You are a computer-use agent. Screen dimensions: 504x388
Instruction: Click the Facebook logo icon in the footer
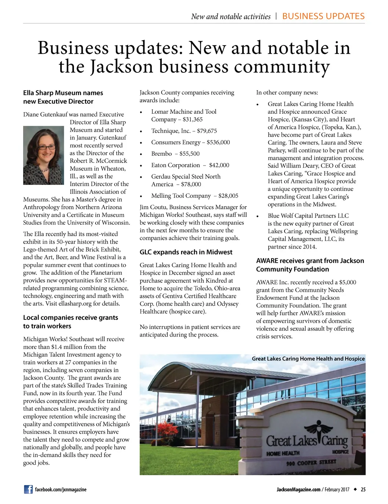tap(28, 489)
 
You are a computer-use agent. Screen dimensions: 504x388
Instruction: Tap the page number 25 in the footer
tap(363, 489)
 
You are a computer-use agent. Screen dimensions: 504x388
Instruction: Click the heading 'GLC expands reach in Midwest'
tap(186, 252)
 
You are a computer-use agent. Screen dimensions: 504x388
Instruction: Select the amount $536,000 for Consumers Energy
tap(218, 142)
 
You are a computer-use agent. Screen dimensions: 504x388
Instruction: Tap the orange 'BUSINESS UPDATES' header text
tap(323, 16)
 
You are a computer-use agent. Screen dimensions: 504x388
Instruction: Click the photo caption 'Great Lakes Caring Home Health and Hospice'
tap(308, 358)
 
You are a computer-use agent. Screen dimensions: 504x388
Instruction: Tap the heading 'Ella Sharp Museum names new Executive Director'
tap(63, 97)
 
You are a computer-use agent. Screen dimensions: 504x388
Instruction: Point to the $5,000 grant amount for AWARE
tap(347, 282)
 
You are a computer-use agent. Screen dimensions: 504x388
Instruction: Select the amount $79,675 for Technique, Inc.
tap(207, 131)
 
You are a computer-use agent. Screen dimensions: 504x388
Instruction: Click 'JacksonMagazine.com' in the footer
tap(298, 489)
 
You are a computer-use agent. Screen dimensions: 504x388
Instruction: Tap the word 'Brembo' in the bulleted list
tap(161, 153)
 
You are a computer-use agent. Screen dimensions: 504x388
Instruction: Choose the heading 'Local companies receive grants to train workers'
tap(70, 322)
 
